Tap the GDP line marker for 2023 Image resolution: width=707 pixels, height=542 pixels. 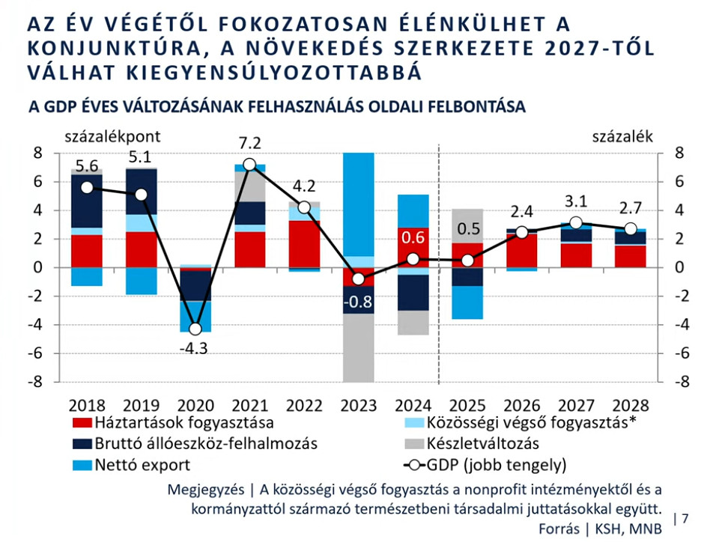359,278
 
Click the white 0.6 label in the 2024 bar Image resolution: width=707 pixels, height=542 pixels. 413,238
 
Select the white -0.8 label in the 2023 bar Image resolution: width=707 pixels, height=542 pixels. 359,303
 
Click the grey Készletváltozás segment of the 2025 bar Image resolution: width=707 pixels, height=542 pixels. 467,225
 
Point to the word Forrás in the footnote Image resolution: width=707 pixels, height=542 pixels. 559,528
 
